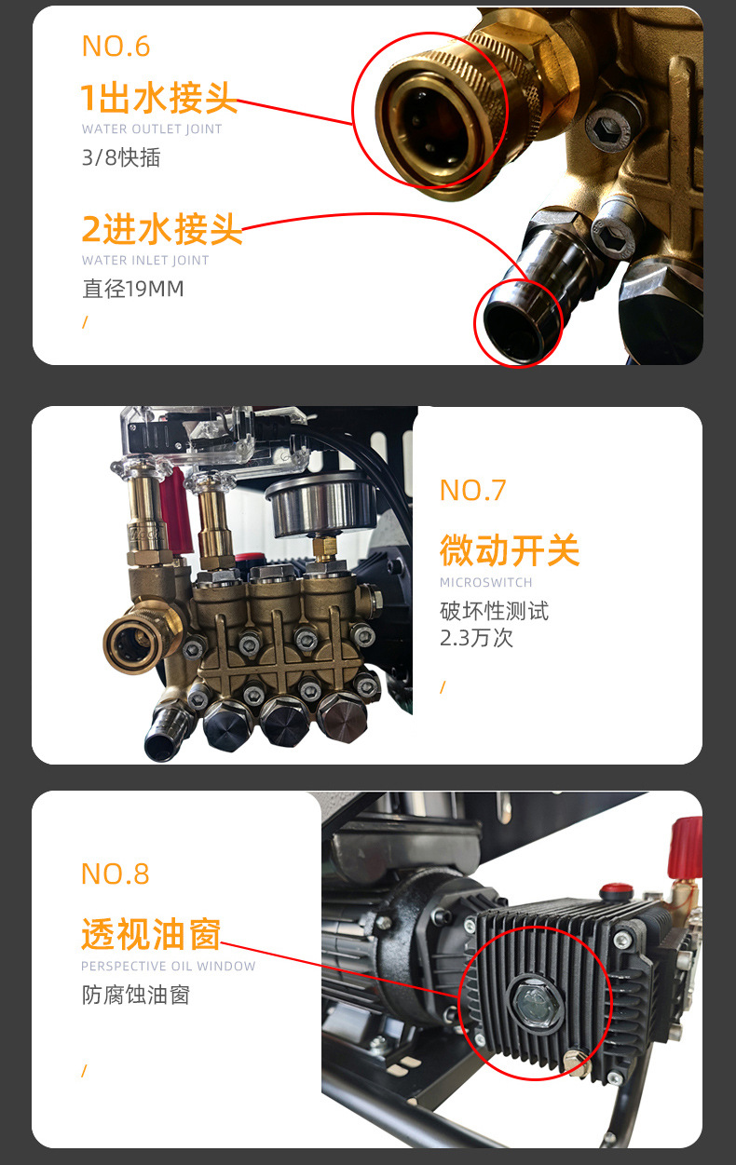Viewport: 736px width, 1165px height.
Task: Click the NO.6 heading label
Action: point(116,46)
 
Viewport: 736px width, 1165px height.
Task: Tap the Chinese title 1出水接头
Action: point(158,97)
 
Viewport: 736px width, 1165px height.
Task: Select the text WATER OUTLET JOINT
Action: point(152,129)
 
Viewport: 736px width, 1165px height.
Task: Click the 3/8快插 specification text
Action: point(121,157)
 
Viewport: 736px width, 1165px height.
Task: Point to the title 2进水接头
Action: point(161,229)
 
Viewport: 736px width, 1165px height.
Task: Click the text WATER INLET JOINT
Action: point(145,261)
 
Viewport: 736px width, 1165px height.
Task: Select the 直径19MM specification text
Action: point(133,289)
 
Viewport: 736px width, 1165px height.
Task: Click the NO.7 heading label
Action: point(472,490)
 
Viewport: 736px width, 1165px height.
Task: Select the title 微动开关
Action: point(510,550)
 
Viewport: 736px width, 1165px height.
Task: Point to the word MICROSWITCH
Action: point(485,583)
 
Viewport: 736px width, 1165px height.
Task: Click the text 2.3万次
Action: point(476,638)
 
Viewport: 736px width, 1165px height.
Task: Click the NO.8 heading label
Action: point(115,874)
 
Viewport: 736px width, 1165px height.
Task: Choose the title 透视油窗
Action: point(150,933)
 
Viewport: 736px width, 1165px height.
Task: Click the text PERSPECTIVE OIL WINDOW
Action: point(168,967)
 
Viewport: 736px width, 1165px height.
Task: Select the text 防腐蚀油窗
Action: point(135,995)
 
